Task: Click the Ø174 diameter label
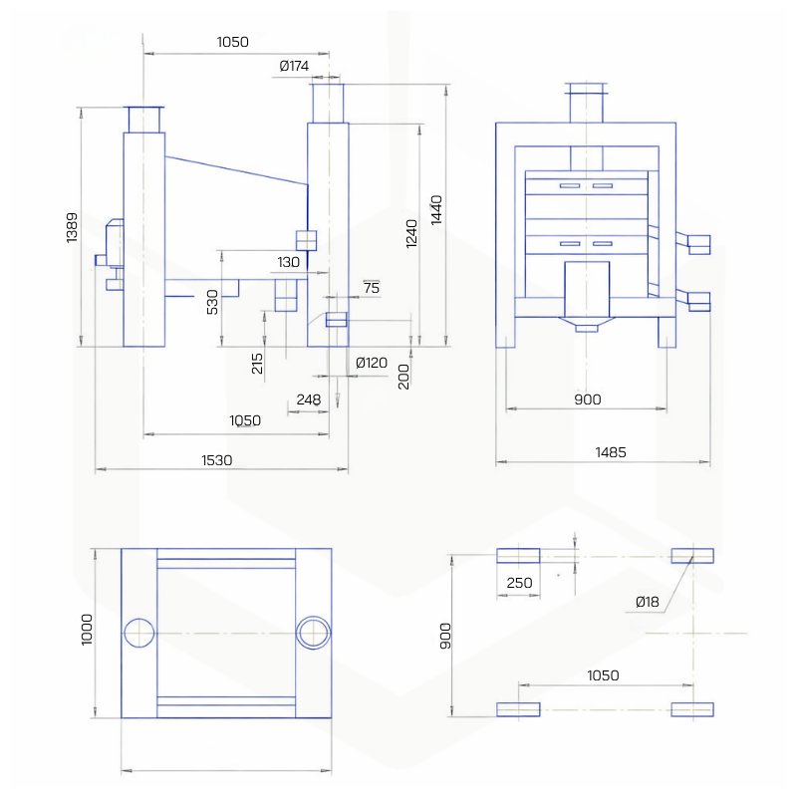pos(295,67)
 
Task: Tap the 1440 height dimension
pos(436,209)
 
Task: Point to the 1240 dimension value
pos(411,232)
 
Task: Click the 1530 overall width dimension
pos(216,459)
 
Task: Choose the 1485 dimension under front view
pos(611,451)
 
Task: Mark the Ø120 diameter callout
pos(372,363)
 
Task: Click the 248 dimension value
pos(309,400)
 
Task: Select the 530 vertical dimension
pos(211,301)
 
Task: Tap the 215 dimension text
pos(258,364)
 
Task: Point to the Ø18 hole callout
pos(648,602)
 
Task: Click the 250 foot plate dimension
pos(519,582)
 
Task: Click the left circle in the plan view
pos(139,633)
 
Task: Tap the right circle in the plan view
pos(314,633)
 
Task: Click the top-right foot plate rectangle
pos(692,556)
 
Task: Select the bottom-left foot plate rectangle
pos(518,709)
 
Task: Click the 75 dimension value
pos(371,288)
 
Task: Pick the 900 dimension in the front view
pos(588,399)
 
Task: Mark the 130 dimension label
pos(288,262)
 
